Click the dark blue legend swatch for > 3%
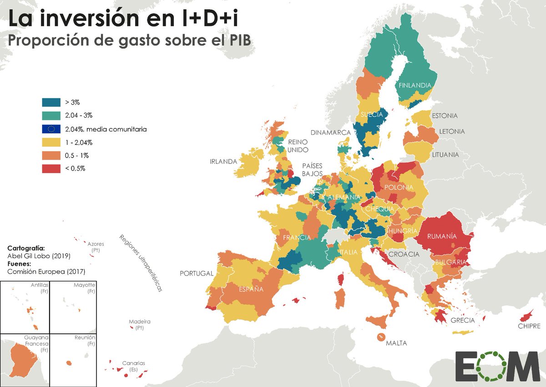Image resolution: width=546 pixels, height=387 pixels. (51, 102)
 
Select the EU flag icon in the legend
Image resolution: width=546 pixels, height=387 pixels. (51, 129)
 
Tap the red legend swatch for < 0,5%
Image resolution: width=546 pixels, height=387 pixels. (51, 168)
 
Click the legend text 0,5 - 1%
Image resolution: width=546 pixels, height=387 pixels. (77, 155)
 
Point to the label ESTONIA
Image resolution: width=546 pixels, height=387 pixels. (445, 116)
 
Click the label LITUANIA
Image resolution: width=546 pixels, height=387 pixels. (445, 154)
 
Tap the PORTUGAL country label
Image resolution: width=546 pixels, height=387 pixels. (197, 274)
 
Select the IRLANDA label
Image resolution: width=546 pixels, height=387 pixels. (223, 162)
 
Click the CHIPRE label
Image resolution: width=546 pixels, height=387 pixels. (529, 326)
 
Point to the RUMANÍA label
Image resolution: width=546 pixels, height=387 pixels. (441, 237)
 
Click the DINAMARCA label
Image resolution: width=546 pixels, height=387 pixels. (331, 132)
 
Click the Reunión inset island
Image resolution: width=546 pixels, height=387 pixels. (69, 363)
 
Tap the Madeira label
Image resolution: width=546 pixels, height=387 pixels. (139, 321)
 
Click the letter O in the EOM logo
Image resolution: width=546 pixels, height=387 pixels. (497, 366)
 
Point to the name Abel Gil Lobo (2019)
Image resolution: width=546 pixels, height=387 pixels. (39, 256)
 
